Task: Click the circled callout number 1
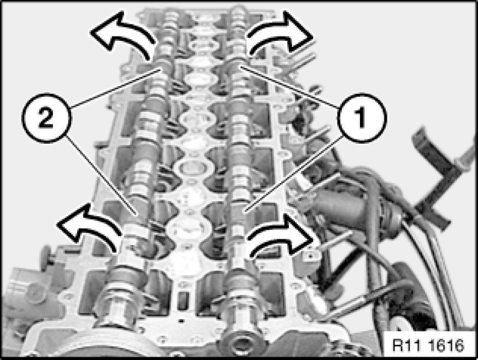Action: point(362,117)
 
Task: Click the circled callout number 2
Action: point(46,117)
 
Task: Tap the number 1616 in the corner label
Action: point(446,345)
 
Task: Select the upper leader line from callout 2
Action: point(115,88)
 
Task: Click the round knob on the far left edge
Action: point(46,256)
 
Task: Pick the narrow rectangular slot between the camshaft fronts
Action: point(182,300)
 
